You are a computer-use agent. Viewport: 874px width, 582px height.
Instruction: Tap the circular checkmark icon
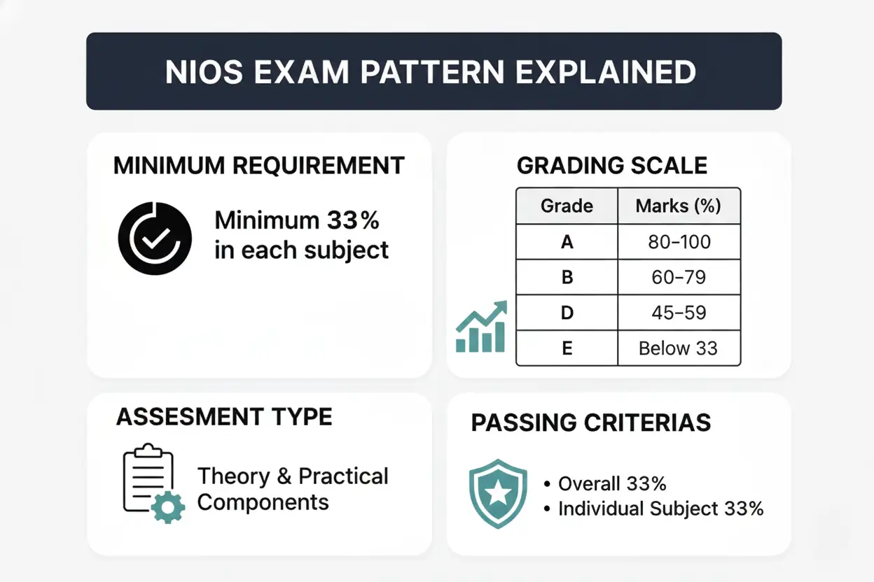[x=155, y=239]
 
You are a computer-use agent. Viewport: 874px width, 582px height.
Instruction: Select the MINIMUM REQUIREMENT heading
[x=259, y=166]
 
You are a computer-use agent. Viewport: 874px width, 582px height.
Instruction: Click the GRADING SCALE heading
[x=612, y=166]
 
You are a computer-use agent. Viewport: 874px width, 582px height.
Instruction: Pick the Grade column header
[x=567, y=206]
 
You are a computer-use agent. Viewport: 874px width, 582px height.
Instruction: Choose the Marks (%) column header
[x=678, y=206]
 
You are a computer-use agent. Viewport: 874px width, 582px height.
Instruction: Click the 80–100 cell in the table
[x=678, y=242]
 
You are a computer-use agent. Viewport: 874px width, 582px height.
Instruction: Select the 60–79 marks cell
[x=678, y=278]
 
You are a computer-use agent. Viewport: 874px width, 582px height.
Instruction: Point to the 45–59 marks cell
[x=678, y=313]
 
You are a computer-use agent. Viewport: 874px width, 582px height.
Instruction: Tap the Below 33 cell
[x=678, y=348]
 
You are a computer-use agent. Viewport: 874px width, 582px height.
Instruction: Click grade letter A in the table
[x=567, y=242]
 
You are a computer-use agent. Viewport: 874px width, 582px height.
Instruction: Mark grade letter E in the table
[x=567, y=348]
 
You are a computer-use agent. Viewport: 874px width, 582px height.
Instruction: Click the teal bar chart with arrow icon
[x=481, y=327]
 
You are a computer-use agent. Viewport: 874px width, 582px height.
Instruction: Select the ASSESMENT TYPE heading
[x=224, y=417]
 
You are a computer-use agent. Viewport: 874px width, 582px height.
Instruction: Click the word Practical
[x=343, y=476]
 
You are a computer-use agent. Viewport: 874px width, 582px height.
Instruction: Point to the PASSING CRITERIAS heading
[x=591, y=423]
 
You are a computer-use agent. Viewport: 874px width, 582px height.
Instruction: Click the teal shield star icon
[x=498, y=493]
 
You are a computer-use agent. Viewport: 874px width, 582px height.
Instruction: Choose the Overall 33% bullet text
[x=611, y=483]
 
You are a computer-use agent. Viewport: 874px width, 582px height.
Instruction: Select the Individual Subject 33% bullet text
[x=660, y=509]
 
